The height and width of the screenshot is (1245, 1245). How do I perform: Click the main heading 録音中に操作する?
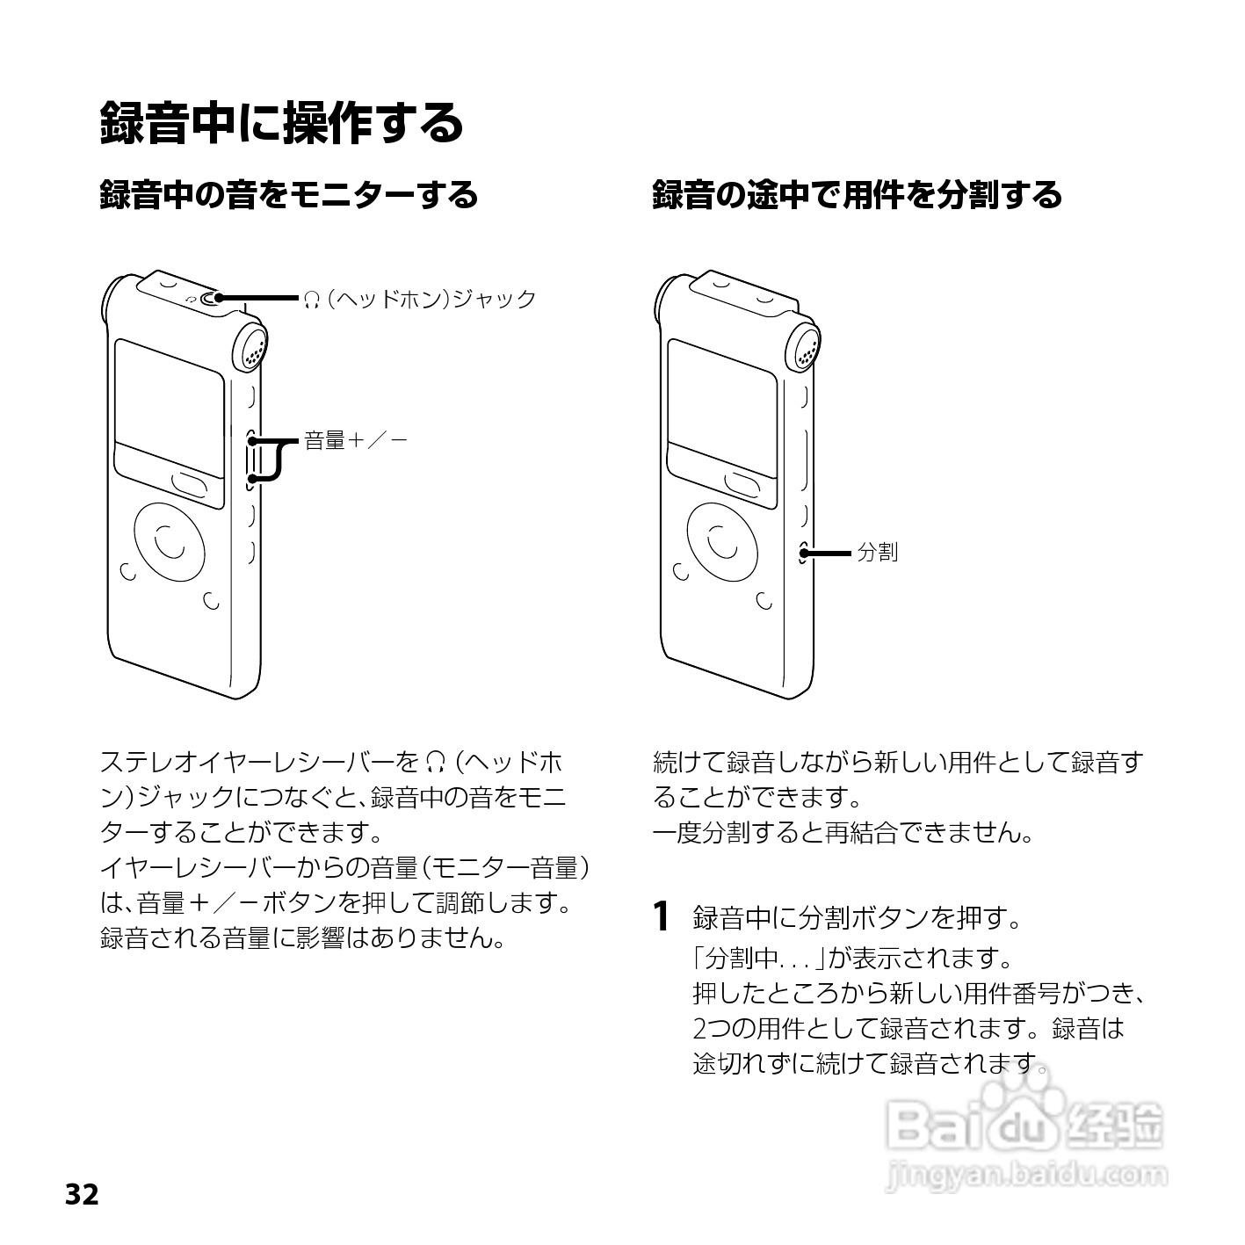point(281,122)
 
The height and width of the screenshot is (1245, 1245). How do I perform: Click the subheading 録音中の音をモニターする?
point(289,195)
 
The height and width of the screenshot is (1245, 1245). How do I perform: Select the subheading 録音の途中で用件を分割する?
point(857,195)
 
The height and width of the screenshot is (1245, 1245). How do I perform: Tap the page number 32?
point(82,1195)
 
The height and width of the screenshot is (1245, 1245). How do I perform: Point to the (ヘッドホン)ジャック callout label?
point(420,300)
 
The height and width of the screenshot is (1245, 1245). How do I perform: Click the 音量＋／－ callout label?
point(355,441)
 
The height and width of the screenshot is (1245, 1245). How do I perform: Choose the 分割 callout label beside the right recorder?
point(877,553)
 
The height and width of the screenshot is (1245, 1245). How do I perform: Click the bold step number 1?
point(663,916)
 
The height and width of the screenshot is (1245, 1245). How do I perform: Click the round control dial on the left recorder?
point(170,540)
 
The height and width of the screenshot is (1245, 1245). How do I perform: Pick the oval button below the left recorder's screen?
point(190,483)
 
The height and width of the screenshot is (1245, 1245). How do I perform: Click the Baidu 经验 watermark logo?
point(1024,1125)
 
